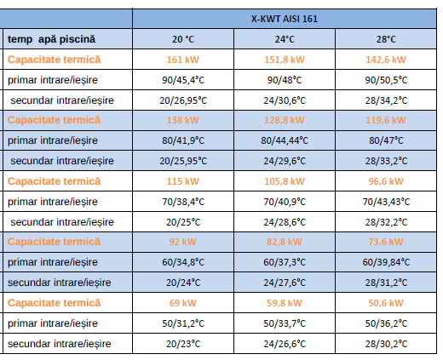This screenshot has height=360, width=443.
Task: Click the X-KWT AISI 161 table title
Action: (x=285, y=19)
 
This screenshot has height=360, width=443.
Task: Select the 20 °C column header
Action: (x=183, y=39)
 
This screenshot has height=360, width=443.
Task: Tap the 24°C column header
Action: (x=285, y=39)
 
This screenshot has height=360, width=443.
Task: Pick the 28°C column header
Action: (x=386, y=39)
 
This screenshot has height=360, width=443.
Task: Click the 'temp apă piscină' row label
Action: (x=51, y=39)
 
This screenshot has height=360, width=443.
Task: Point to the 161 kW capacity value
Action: (x=182, y=60)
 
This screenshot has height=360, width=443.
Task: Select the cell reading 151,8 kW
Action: (x=285, y=60)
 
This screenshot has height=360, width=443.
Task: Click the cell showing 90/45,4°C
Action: (x=183, y=80)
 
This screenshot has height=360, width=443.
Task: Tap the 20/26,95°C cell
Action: (x=183, y=100)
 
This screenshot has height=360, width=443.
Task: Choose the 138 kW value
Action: (x=182, y=120)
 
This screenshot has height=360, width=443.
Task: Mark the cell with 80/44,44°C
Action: (x=285, y=140)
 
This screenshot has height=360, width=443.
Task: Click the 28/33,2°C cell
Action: (x=386, y=161)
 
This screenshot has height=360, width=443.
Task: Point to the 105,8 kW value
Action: (x=285, y=181)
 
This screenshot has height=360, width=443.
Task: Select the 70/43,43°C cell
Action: (x=386, y=202)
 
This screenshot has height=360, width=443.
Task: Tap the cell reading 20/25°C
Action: (x=183, y=222)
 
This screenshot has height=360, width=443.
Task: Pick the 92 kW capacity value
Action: (x=182, y=242)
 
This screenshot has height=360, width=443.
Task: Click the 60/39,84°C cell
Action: (x=386, y=262)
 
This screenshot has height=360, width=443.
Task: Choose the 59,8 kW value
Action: (x=285, y=303)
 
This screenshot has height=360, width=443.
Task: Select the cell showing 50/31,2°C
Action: (x=183, y=323)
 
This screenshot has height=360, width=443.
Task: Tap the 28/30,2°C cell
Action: (x=386, y=344)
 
